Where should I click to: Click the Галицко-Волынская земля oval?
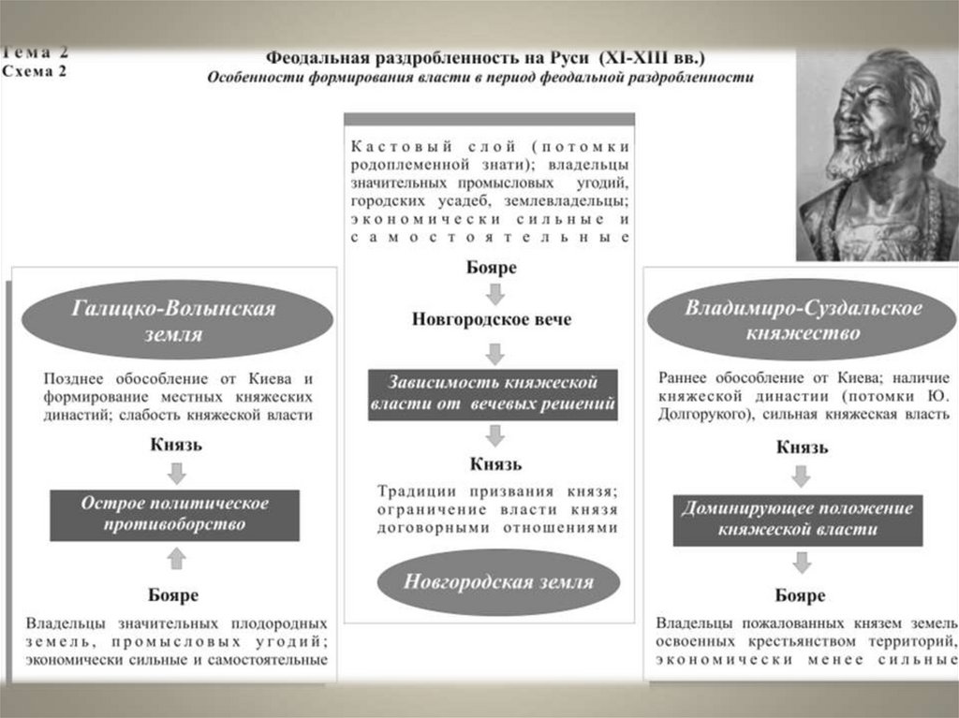pos(175,321)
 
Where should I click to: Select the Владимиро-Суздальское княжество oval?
pos(803,320)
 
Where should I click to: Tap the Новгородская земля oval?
pos(497,581)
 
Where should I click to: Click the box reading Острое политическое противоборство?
pos(175,514)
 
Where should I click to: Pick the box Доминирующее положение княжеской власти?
pos(798,519)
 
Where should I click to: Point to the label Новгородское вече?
pos(492,319)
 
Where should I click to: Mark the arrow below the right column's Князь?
pos(801,475)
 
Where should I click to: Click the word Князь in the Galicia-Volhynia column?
pos(176,445)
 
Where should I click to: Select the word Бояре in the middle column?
pos(492,268)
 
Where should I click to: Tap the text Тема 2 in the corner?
pos(34,52)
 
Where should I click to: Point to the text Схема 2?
pos(34,71)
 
